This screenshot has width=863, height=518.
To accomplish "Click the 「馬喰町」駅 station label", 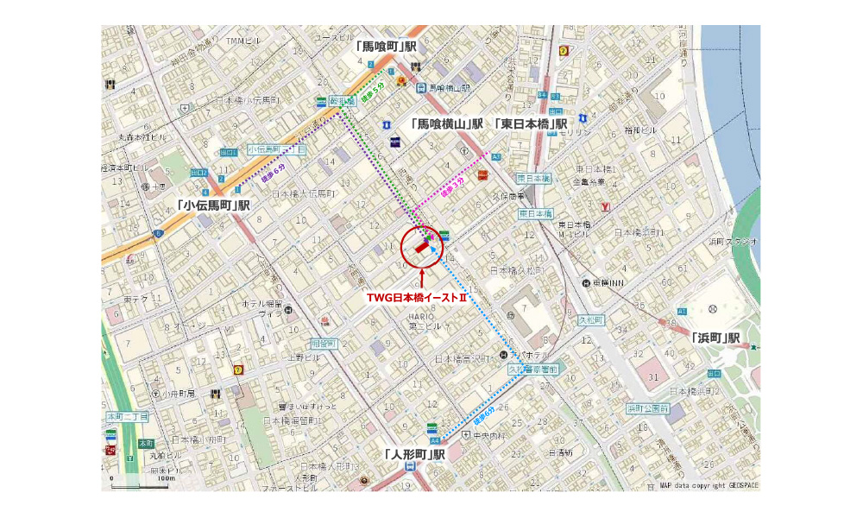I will (386, 46).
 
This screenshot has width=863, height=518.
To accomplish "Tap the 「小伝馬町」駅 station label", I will (212, 205).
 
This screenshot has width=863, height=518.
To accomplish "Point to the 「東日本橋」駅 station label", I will (531, 124).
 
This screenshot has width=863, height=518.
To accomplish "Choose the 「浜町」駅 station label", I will (716, 338).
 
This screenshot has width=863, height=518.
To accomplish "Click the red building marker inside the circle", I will (423, 246).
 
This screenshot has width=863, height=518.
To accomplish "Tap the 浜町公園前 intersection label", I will (647, 407).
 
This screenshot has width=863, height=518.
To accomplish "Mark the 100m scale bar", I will (139, 476).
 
